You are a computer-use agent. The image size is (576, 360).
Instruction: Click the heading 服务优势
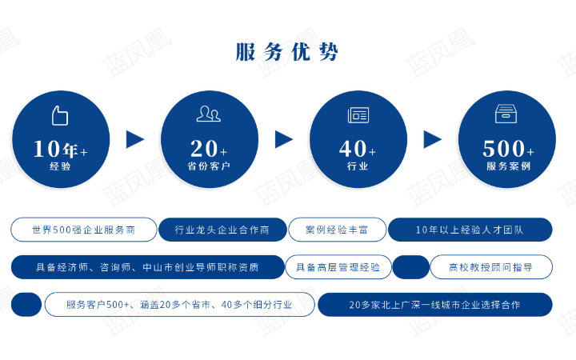point(287,53)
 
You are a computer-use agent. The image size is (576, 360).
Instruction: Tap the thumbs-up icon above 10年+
point(60,115)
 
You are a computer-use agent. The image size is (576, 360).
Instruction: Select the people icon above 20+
point(208,114)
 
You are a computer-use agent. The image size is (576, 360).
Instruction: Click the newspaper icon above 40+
point(358,115)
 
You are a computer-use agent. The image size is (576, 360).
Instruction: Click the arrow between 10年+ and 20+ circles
point(135,139)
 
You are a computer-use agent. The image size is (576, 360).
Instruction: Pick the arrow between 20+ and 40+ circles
point(284,139)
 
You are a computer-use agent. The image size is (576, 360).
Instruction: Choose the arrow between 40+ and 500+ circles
point(433,139)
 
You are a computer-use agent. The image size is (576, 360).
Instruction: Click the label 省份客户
point(209,166)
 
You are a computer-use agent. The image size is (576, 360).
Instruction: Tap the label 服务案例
point(508,166)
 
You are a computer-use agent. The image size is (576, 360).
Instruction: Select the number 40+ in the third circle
point(358,149)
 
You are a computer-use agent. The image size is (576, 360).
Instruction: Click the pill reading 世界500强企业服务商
point(83,230)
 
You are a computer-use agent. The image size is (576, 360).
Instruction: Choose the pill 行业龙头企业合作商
point(222,230)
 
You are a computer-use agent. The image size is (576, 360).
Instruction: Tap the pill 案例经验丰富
point(337,230)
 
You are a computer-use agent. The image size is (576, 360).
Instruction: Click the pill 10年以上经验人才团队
point(470,230)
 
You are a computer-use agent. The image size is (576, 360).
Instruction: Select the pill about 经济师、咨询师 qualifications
point(148,267)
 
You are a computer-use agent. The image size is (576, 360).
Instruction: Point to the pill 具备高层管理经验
point(338,267)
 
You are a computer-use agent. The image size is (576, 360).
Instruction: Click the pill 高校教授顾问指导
point(491,267)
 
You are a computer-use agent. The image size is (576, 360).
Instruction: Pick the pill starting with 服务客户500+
point(179,305)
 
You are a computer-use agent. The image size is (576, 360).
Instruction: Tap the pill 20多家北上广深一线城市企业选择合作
point(434,305)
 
